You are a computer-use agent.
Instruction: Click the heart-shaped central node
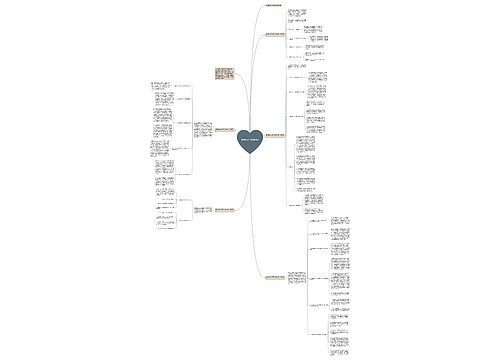coord(250,142)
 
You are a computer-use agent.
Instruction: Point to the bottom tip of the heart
coord(250,157)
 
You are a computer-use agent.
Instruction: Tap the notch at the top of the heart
coord(250,131)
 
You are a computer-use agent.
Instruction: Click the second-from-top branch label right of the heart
coord(274,35)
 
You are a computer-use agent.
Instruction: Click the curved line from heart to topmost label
coord(256,60)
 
